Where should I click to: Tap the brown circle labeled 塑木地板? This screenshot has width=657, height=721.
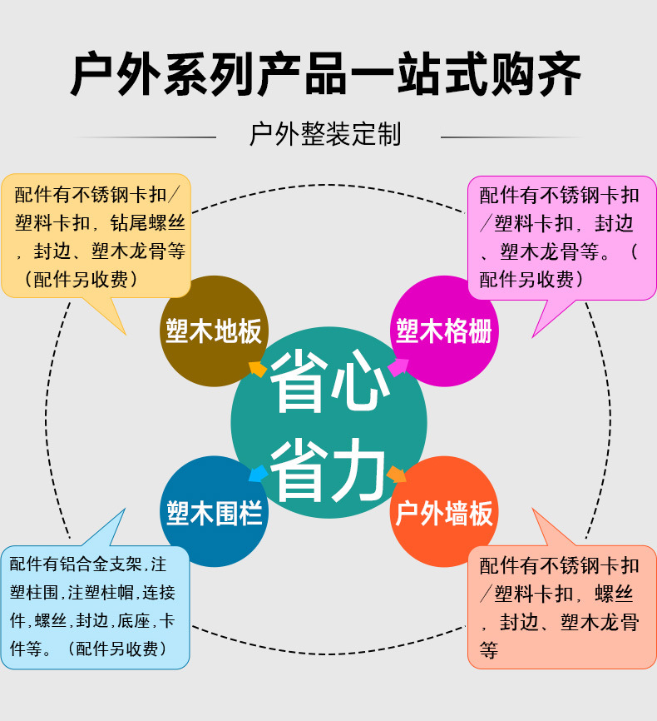coord(213,331)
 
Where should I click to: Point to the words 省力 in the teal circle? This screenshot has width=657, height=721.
coord(329,470)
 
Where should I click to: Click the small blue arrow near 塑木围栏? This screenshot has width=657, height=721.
coord(259,474)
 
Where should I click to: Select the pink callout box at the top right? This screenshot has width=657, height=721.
coord(561,237)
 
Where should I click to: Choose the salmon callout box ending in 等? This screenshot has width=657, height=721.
coord(561,607)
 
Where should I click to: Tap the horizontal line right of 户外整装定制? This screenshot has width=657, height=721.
coord(512,137)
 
